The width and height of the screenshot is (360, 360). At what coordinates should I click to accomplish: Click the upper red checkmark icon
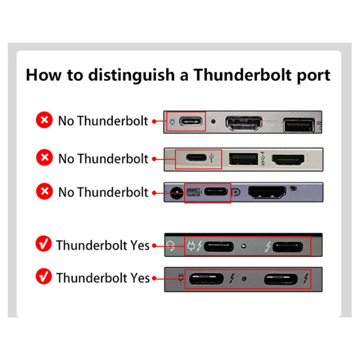click(x=44, y=245)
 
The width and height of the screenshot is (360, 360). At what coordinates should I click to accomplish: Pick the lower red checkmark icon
click(x=44, y=277)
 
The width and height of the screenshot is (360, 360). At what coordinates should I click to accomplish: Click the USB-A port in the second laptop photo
click(x=242, y=159)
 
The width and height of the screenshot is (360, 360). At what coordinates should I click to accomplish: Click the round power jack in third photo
click(x=175, y=191)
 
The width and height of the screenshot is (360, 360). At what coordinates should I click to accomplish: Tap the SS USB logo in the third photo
click(x=192, y=191)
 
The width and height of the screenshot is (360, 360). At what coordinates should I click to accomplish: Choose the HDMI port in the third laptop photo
click(x=267, y=191)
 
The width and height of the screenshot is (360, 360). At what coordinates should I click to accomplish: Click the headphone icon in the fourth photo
click(x=171, y=245)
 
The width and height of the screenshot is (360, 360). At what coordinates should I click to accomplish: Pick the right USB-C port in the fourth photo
click(x=287, y=246)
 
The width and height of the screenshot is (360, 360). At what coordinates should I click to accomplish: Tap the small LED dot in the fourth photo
click(x=243, y=246)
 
